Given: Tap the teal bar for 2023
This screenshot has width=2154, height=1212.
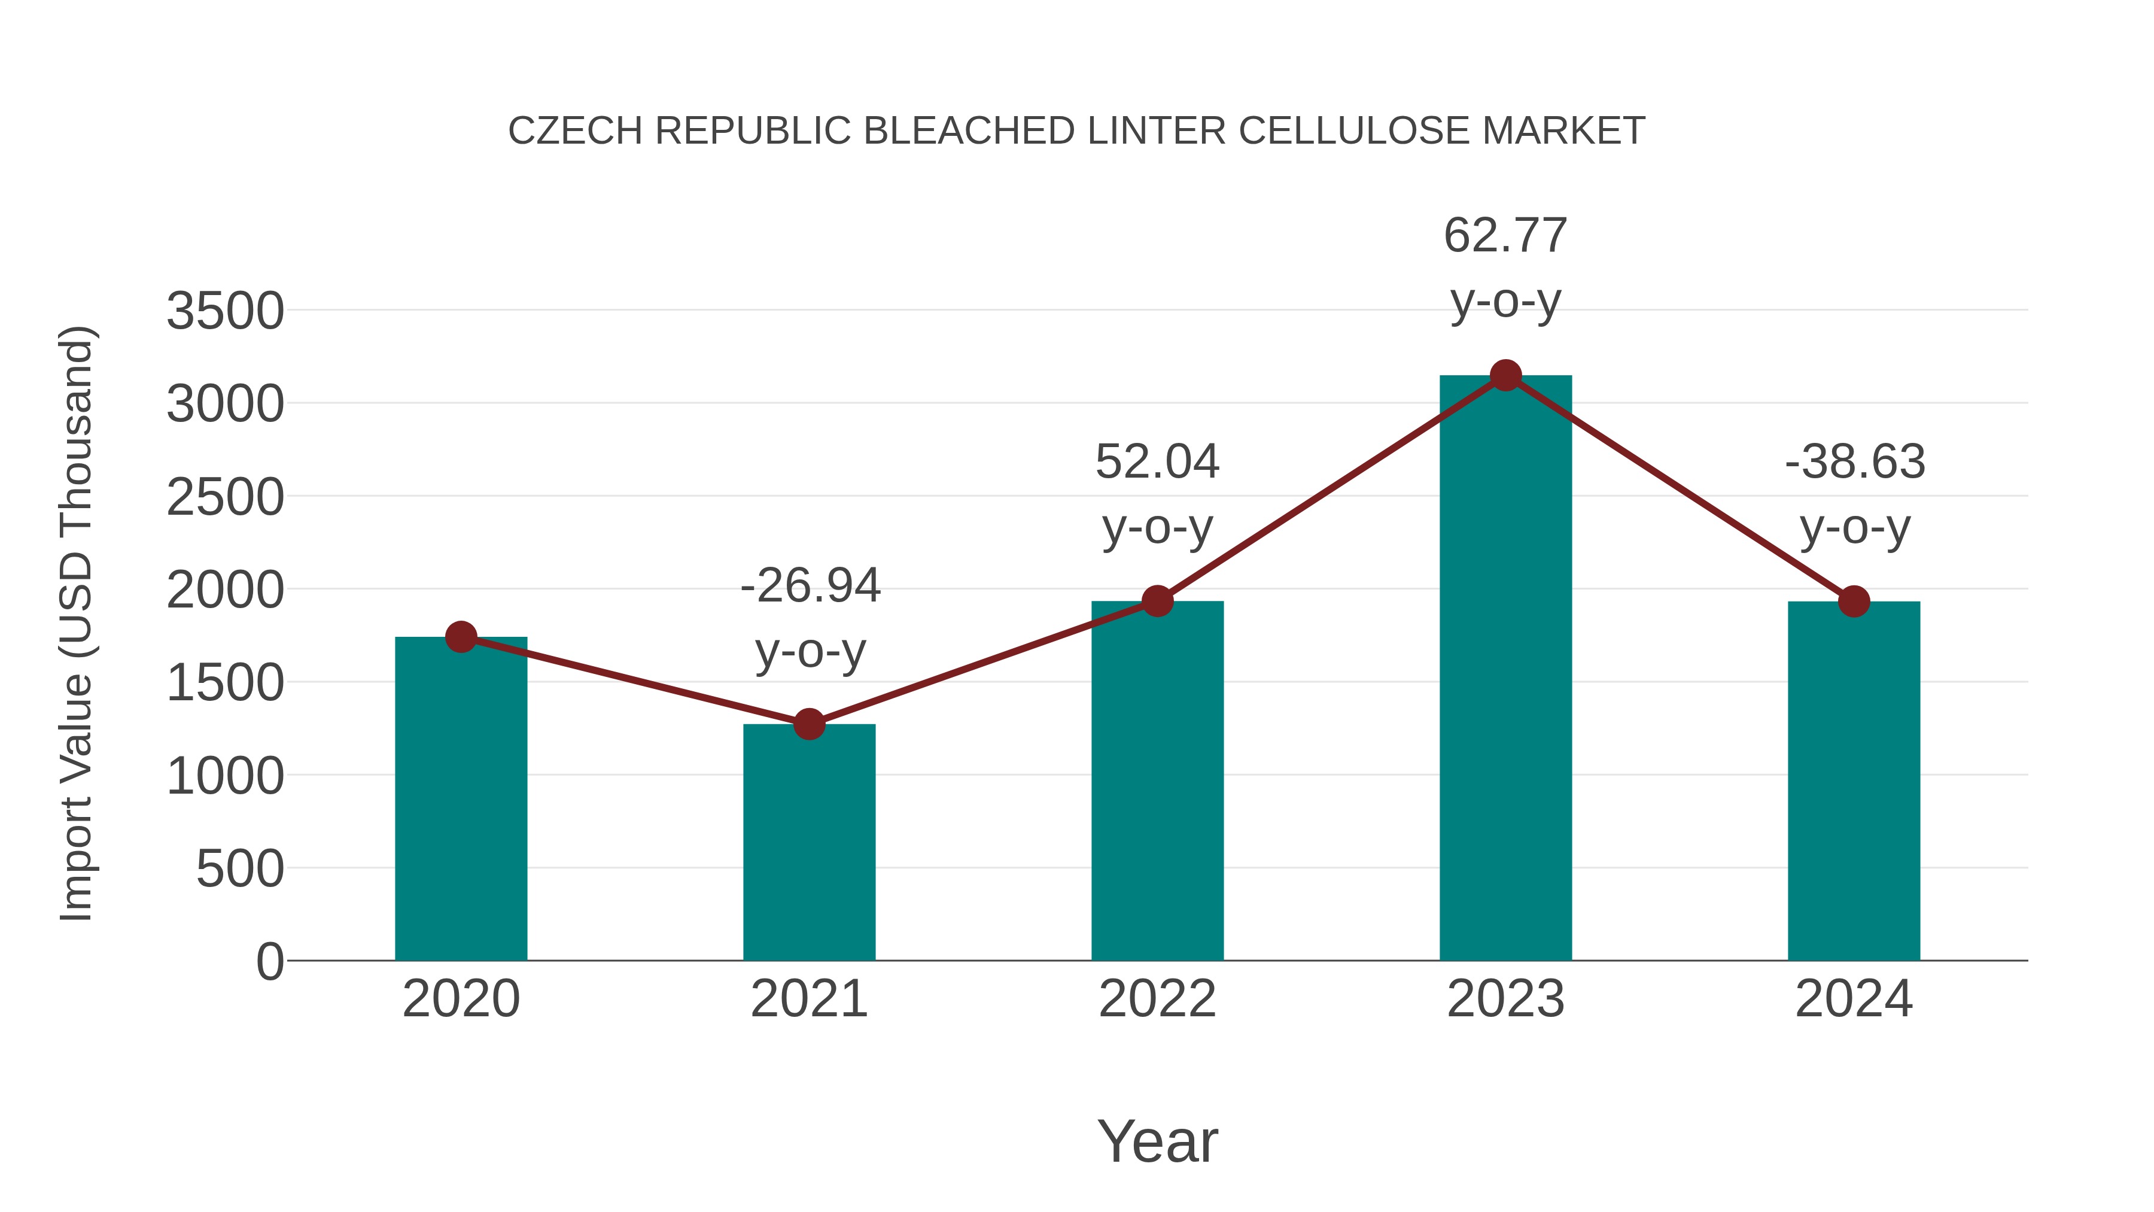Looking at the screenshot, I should point(1505,669).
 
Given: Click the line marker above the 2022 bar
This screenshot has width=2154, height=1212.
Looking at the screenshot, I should point(1157,600).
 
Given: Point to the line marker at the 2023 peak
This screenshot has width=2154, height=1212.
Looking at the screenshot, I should point(1505,375).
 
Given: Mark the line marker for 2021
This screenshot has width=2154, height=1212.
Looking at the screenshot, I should point(808,724).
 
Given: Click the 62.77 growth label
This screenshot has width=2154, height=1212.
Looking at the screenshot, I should point(1505,236).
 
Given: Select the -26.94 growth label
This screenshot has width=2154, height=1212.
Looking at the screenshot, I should point(810,585).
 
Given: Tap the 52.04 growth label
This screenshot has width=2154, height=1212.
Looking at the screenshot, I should point(1157,461).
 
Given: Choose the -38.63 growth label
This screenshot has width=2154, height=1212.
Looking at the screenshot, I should point(1855,461).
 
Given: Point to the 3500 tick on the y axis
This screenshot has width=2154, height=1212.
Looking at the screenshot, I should point(225,311).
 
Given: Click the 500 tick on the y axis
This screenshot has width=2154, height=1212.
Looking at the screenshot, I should point(239,869).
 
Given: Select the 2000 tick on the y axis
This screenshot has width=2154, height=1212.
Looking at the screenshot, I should point(225,591).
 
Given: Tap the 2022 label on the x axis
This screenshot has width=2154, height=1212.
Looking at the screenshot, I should point(1157,999).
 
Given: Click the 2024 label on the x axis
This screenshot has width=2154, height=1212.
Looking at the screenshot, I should point(1854,999).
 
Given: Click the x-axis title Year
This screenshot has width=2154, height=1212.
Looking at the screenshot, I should point(1157,1141).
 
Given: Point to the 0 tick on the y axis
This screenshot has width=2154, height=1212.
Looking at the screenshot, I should point(269,962).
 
